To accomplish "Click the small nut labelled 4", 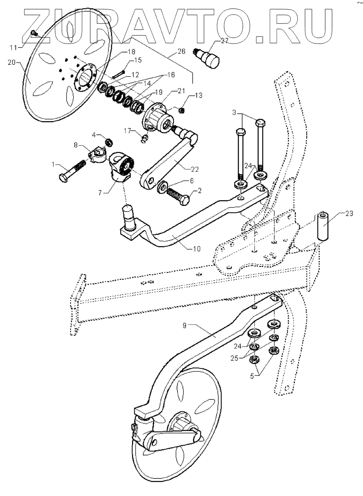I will [108, 142].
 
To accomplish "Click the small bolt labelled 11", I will [34, 33].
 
